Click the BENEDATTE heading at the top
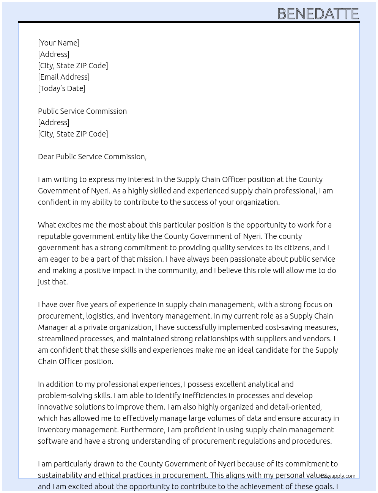point(318,14)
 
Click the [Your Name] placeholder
point(58,43)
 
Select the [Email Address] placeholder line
point(64,77)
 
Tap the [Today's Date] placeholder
point(61,88)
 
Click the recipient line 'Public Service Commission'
point(82,111)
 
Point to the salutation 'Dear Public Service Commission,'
point(92,157)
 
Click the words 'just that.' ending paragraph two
point(53,282)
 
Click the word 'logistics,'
point(100,316)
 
